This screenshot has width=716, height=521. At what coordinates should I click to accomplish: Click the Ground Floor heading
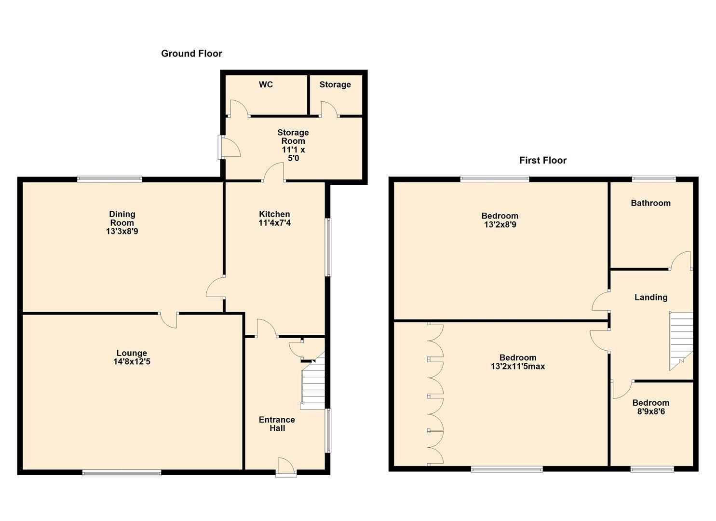[191, 54]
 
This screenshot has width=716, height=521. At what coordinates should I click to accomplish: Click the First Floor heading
[542, 160]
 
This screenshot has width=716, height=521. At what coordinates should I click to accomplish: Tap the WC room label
[266, 84]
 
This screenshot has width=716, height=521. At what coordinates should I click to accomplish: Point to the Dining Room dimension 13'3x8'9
[122, 231]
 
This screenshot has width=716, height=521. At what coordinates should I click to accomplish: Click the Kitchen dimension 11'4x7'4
[274, 222]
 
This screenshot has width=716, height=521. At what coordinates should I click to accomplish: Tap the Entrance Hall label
[277, 424]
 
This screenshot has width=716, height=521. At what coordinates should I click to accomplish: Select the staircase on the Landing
[681, 340]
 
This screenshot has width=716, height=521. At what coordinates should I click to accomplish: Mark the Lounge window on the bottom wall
[122, 473]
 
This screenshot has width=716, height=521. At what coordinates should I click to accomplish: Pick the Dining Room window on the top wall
[109, 179]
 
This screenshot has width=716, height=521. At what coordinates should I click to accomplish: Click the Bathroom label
[650, 203]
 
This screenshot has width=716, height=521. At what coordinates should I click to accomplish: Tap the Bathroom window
[654, 179]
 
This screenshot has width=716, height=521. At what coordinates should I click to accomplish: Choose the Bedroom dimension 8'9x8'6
[650, 411]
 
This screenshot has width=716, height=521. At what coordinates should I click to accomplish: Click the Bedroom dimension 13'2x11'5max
[518, 366]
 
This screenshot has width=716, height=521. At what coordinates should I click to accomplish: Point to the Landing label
[650, 297]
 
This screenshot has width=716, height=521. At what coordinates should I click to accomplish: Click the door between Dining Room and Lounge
[168, 319]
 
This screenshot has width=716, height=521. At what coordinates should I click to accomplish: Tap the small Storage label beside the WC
[335, 84]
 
